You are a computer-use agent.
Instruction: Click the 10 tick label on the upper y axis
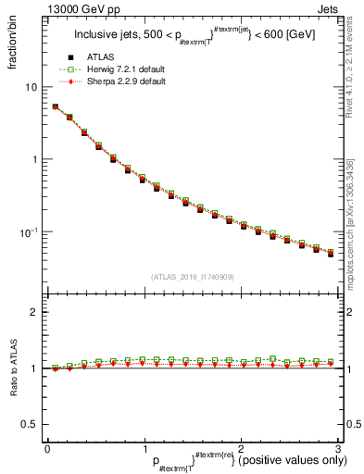click(30, 87)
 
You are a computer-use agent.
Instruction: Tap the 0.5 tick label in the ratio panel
click(28, 424)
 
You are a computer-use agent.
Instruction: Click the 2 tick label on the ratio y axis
click(33, 312)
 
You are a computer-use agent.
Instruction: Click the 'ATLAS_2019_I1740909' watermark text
click(191, 277)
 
